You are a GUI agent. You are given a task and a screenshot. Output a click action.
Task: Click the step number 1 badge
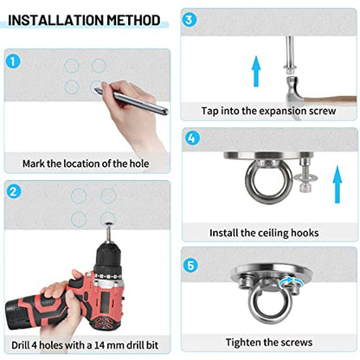tap(13, 61)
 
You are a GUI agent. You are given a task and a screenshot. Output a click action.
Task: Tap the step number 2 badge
tap(14, 191)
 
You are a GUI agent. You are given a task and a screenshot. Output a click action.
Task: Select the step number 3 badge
tap(189, 20)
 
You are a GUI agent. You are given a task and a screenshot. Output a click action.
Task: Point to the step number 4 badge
tap(192, 138)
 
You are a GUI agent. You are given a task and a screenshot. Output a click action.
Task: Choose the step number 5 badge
tap(191, 265)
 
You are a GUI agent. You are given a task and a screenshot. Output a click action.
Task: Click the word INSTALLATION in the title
tap(55, 20)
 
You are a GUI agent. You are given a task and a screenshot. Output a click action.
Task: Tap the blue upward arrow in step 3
tap(256, 71)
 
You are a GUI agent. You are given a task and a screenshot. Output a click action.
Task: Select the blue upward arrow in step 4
tap(337, 184)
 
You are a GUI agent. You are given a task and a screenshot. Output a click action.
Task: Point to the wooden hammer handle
tap(331, 100)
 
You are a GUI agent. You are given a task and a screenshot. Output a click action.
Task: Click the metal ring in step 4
tap(261, 182)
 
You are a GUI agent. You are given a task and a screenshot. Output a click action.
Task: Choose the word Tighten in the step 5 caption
tap(243, 343)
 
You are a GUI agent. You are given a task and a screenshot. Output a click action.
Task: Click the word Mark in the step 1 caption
tap(34, 164)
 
